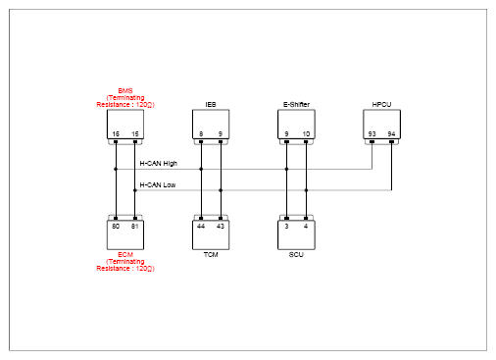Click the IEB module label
211,105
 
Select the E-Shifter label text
296,105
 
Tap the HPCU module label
381,105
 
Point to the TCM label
211,255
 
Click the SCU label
296,255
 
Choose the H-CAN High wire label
159,164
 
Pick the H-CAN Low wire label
158,185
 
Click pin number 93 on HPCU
372,134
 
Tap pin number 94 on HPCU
391,134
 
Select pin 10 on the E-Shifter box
306,134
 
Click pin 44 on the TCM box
201,227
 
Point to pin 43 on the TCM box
221,227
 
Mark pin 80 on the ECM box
116,227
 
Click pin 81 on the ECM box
134,227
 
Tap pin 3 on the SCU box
286,227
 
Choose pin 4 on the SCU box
306,227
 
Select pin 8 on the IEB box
201,134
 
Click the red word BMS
125,91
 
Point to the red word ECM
125,255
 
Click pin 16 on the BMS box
116,134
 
